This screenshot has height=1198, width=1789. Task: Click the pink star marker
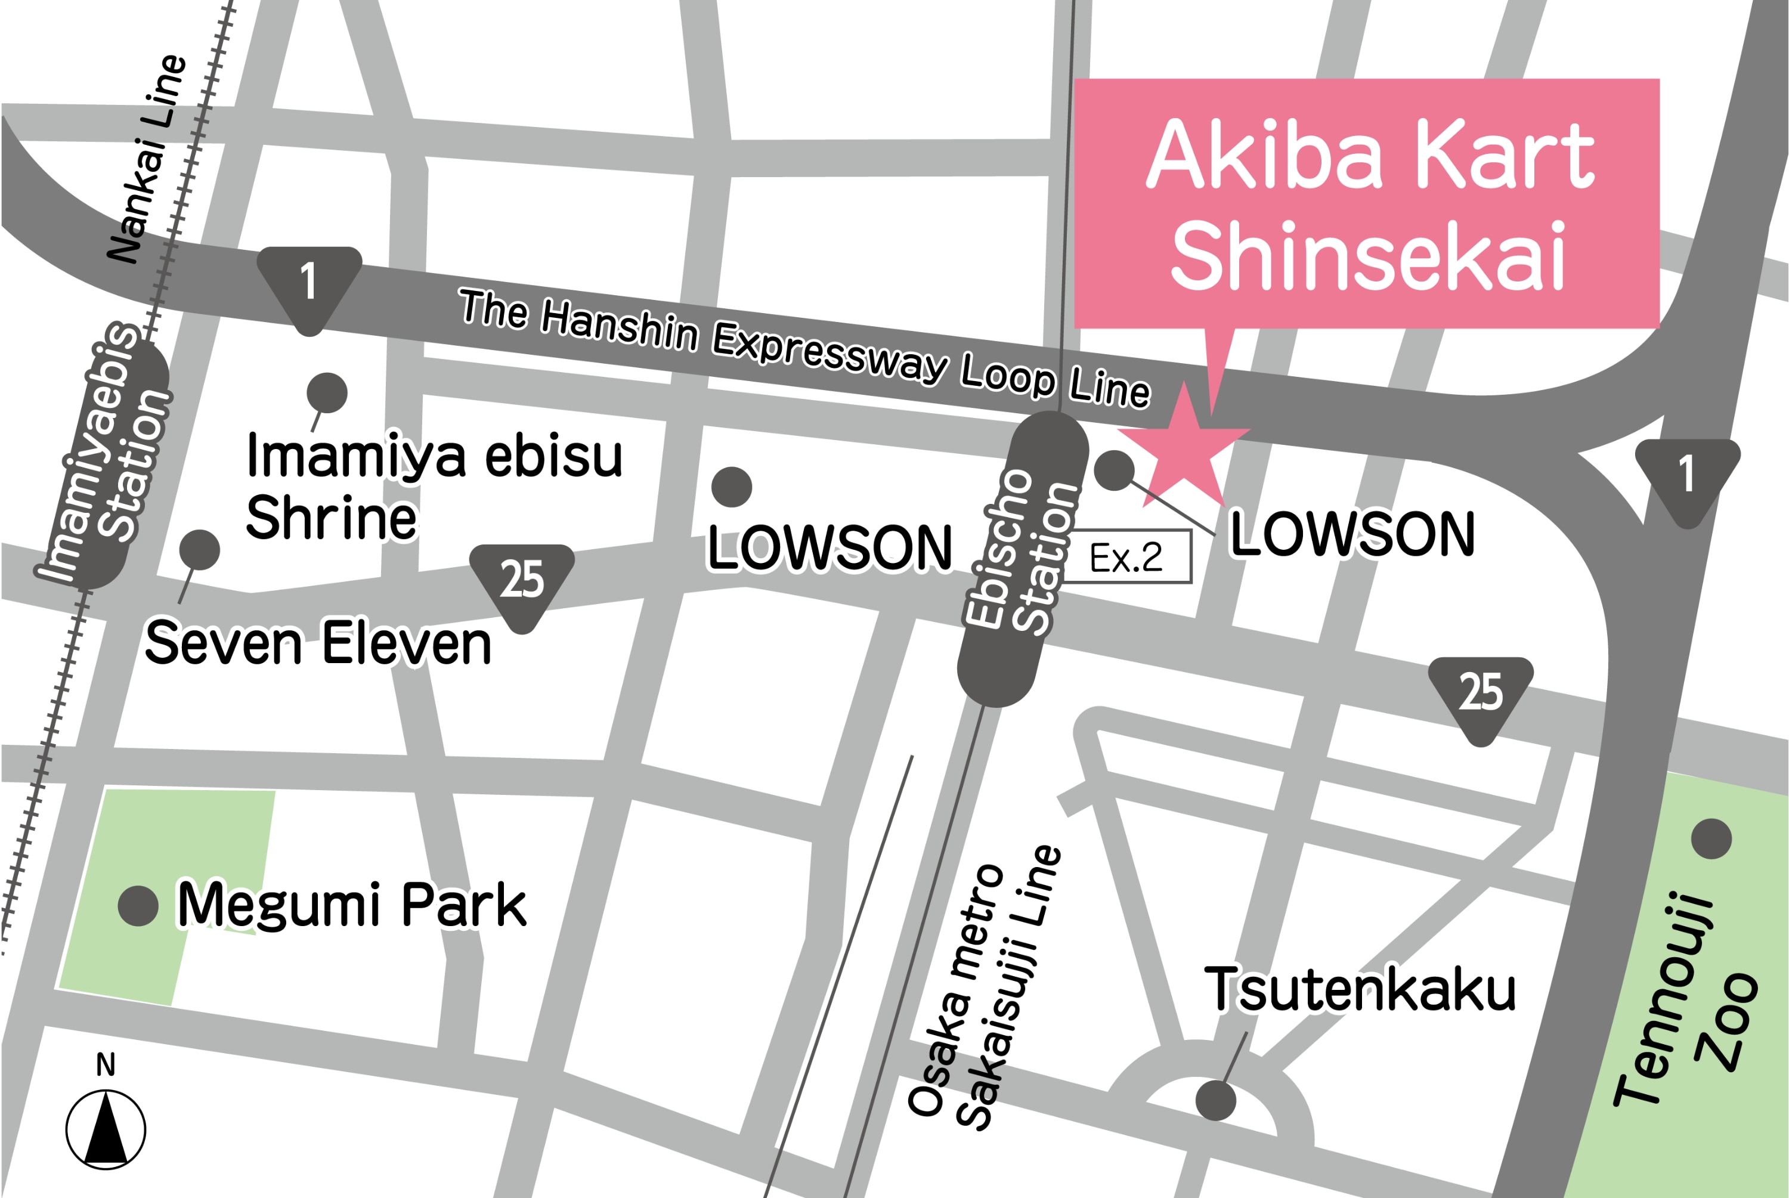[x=1183, y=449]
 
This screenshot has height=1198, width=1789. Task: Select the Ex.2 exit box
[x=1126, y=556]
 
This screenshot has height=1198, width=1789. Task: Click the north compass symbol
[x=106, y=1128]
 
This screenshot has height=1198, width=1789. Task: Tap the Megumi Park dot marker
[x=138, y=906]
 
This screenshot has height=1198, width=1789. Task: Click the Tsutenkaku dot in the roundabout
[x=1215, y=1100]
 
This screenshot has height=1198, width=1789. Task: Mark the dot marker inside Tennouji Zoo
[x=1711, y=839]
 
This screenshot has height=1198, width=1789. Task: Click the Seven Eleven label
[x=318, y=643]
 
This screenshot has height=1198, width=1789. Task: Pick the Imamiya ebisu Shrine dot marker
[x=327, y=393]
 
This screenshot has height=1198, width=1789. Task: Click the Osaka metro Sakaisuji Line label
[x=985, y=989]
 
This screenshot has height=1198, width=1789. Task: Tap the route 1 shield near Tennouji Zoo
[x=1686, y=477]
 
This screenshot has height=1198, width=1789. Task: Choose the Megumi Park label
[x=351, y=905]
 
